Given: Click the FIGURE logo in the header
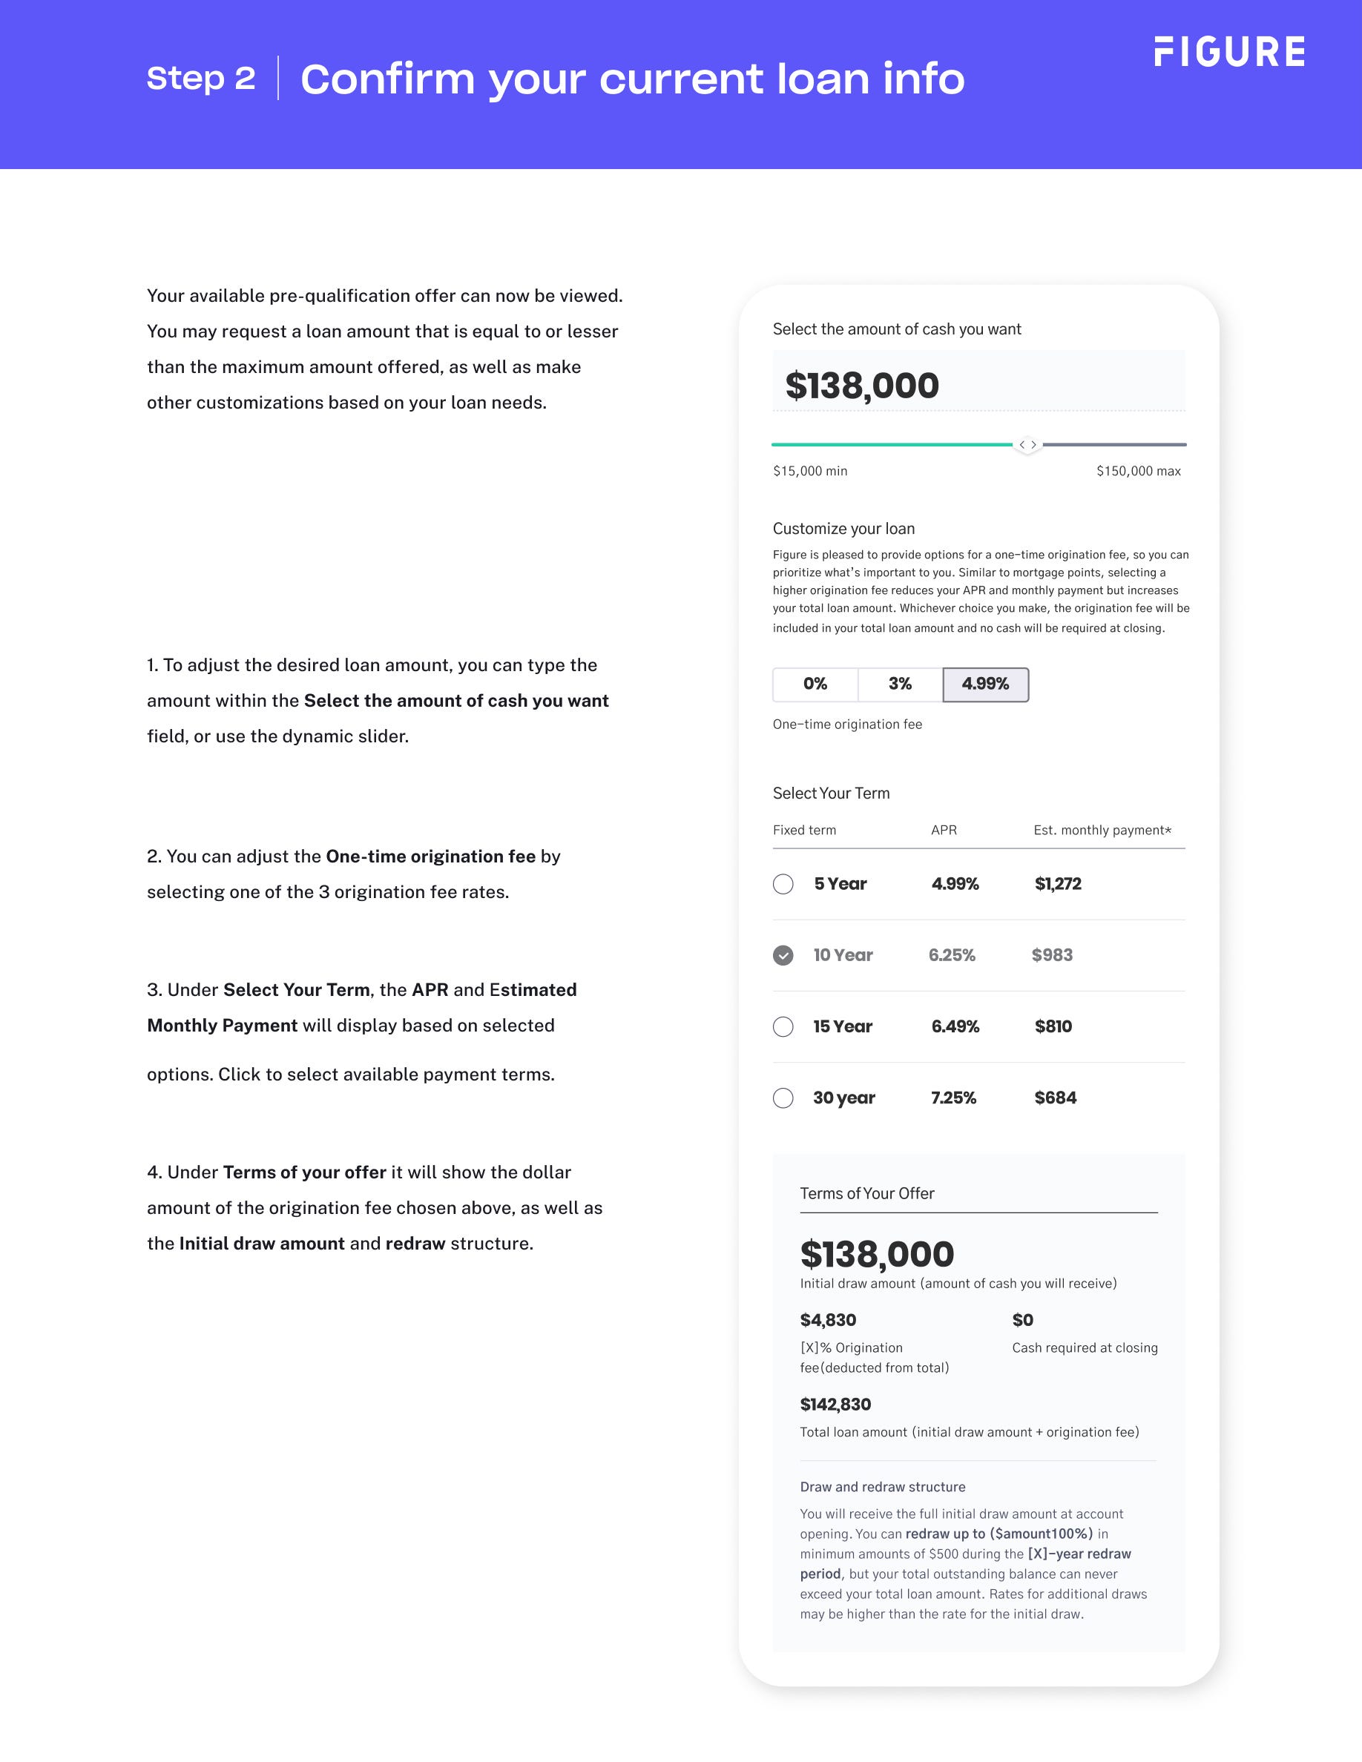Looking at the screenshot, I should [1229, 52].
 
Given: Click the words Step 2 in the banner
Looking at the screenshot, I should [201, 79].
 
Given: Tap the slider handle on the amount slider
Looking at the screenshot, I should [1027, 444].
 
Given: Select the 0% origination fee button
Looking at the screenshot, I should [815, 684].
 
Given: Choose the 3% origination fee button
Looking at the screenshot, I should [900, 684].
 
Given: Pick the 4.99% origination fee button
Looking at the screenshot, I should [985, 684].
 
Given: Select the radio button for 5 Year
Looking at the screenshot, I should [783, 884].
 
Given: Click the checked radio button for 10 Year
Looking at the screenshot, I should [783, 955].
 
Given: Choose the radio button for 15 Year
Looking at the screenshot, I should [783, 1026].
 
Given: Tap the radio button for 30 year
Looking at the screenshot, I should [783, 1098].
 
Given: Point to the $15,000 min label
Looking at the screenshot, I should [810, 471].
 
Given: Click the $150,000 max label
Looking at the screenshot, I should [1138, 471].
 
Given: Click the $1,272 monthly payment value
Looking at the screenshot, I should [1058, 884].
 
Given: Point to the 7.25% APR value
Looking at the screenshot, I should [953, 1098].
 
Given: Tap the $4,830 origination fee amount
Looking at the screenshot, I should [828, 1320].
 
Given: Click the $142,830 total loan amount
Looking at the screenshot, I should [835, 1405].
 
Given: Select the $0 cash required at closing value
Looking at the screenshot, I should [1022, 1320].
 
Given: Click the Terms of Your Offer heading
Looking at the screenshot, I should [866, 1193].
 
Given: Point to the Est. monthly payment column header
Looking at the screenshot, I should [1102, 830].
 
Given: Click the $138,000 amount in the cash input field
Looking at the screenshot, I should [862, 386].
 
